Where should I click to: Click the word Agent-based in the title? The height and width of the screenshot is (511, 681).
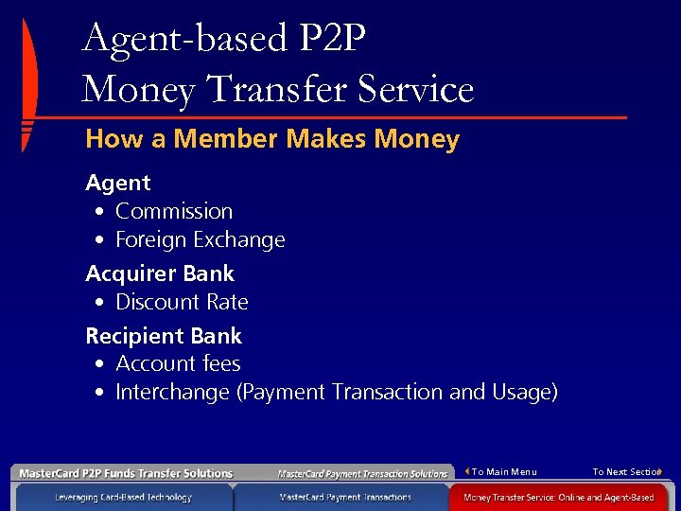(x=184, y=39)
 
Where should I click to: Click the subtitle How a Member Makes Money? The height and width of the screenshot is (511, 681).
(x=272, y=140)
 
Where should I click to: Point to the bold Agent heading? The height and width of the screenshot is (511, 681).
(x=118, y=183)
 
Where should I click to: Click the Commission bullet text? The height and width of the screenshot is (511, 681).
(x=174, y=211)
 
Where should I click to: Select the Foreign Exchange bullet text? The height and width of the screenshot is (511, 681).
(x=200, y=240)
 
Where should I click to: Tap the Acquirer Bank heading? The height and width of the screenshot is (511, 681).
(x=160, y=273)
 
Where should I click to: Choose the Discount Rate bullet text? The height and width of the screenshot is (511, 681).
(x=182, y=303)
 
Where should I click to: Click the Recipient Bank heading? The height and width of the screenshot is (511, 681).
(x=164, y=336)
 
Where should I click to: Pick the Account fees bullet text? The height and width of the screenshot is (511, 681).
(x=178, y=363)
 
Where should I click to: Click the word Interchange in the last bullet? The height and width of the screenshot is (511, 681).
(x=173, y=393)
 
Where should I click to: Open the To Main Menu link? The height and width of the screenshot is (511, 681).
(x=503, y=472)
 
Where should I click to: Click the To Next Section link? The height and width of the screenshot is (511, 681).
(x=625, y=472)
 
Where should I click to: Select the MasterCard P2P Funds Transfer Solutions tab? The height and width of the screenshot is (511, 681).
(x=126, y=473)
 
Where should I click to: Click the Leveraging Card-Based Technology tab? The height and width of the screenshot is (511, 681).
(x=123, y=497)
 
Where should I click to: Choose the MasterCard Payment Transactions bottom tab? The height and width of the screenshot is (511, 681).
(x=345, y=497)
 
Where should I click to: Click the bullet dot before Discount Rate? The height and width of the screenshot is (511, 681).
(x=99, y=304)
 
